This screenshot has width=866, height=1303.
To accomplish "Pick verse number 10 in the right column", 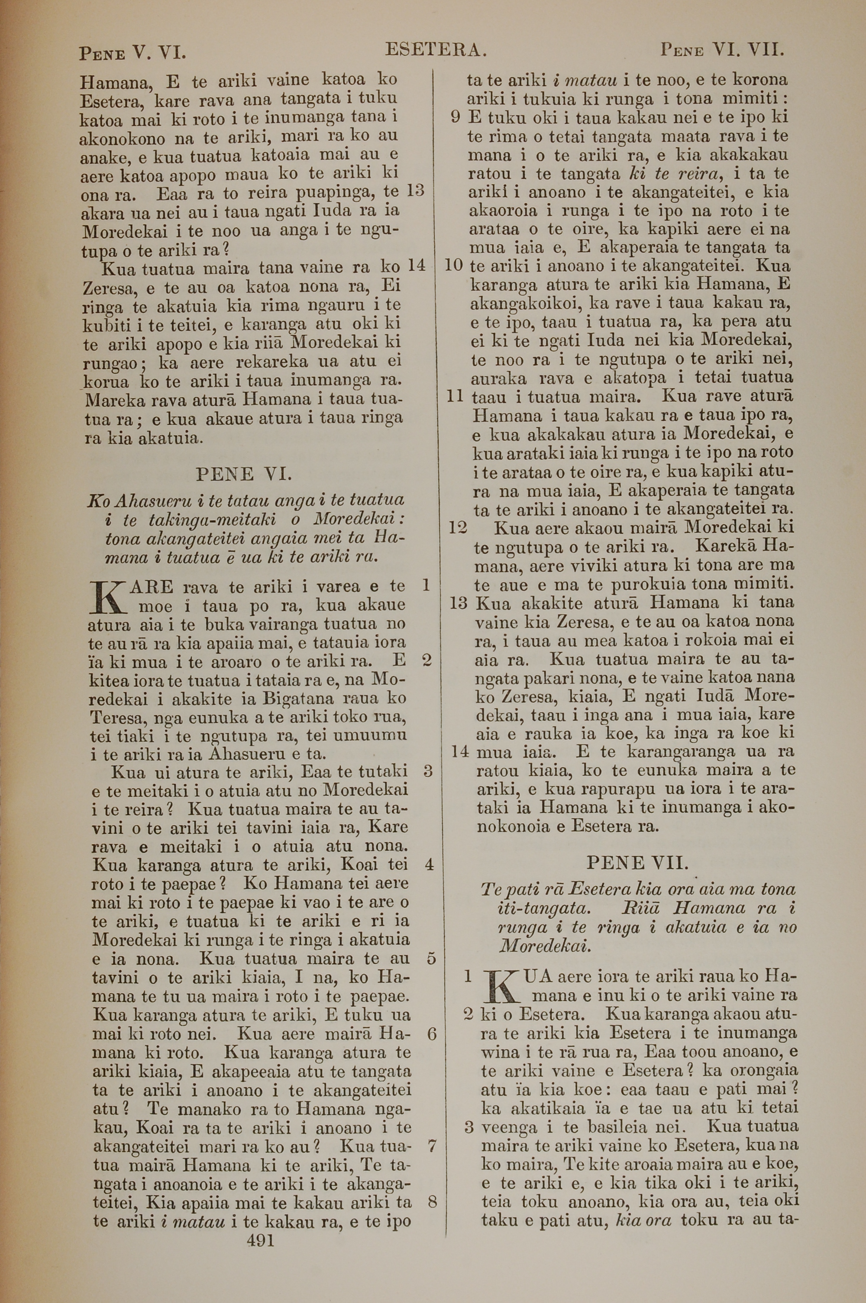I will (x=453, y=265).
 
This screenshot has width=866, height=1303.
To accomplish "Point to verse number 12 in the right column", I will (x=458, y=528).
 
